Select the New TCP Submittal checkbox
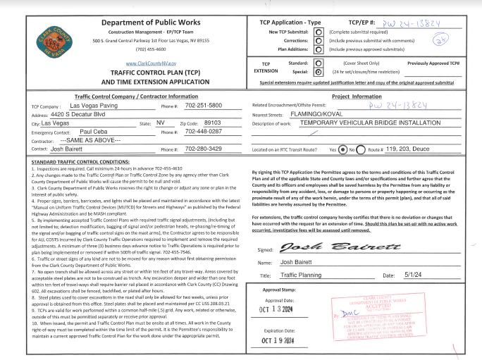[x=319, y=32]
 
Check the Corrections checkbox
[x=319, y=42]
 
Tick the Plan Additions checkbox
[x=319, y=50]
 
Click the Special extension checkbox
[x=319, y=72]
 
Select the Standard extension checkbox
[x=319, y=63]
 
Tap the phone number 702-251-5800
[x=203, y=105]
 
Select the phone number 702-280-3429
[x=203, y=149]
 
